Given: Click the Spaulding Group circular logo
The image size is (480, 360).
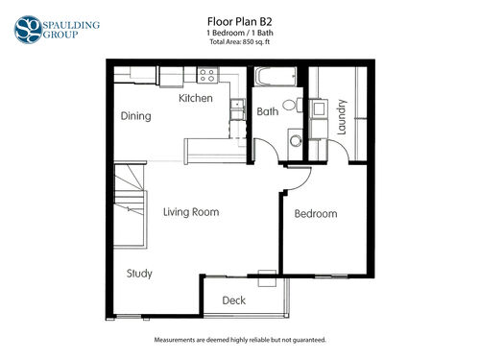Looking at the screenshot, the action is pyautogui.click(x=28, y=30).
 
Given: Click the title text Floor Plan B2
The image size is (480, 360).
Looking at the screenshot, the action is pyautogui.click(x=240, y=22).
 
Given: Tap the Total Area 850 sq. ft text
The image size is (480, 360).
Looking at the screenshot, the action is pyautogui.click(x=240, y=42).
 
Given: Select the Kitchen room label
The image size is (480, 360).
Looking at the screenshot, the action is pyautogui.click(x=196, y=98).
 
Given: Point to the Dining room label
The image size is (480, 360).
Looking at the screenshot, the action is pyautogui.click(x=135, y=116).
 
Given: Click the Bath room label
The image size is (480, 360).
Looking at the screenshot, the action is pyautogui.click(x=268, y=111).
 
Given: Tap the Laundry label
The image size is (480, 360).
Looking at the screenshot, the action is pyautogui.click(x=342, y=117).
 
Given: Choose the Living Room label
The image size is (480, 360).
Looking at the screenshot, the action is pyautogui.click(x=191, y=212).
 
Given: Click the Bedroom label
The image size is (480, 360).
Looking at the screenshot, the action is pyautogui.click(x=316, y=214).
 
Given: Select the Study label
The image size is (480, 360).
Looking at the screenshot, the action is pyautogui.click(x=139, y=274).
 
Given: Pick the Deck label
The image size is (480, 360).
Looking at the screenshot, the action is pyautogui.click(x=234, y=300).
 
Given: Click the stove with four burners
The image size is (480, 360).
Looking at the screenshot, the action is pyautogui.click(x=207, y=75).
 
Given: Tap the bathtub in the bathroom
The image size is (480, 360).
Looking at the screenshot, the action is pyautogui.click(x=276, y=77).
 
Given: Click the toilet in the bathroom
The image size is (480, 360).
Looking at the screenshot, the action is pyautogui.click(x=293, y=105).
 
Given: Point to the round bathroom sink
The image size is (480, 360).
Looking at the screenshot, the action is pyautogui.click(x=296, y=140).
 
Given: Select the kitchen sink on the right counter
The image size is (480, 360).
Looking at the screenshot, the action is pyautogui.click(x=237, y=104).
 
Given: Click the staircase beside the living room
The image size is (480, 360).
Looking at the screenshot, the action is pyautogui.click(x=130, y=204).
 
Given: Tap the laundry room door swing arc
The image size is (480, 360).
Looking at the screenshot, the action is pyautogui.click(x=341, y=149).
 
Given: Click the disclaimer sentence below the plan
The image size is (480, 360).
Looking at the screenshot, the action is pyautogui.click(x=240, y=340).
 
